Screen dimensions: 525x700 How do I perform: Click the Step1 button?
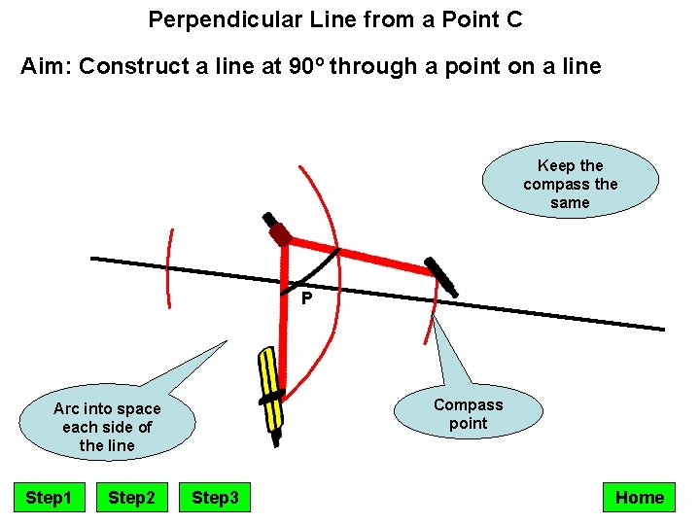point(49,498)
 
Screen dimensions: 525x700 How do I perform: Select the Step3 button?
point(215,498)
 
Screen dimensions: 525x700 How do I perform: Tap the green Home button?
point(639,498)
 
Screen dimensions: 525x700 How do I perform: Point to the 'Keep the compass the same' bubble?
point(570,184)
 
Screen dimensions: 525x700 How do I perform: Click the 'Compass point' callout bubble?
point(468,414)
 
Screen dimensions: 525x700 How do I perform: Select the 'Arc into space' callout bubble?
point(107,427)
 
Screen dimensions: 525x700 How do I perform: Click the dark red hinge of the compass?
point(280,234)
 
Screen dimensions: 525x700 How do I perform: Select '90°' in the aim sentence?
point(312,67)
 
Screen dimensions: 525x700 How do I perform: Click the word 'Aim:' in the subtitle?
point(46,67)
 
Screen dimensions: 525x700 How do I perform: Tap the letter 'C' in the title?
point(514,18)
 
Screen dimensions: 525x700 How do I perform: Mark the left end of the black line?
point(93,259)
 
